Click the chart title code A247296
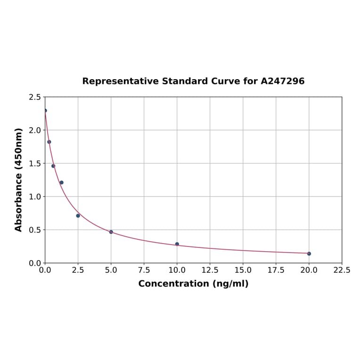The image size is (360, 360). coord(283,81)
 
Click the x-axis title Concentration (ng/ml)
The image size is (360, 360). coord(193,284)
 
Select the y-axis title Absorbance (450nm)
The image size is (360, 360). coord(19,180)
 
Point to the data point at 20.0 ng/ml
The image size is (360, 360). coord(309,254)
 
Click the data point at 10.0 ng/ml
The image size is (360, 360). coord(177,244)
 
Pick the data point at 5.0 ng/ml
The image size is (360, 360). coord(111,232)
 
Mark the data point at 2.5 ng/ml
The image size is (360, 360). coord(78,216)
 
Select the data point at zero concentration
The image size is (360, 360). coord(45,111)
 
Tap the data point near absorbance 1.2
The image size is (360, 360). coord(61,182)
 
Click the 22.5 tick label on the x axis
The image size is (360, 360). coord(342,270)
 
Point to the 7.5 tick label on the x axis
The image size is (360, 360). coord(144,270)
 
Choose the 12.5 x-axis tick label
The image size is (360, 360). coord(210,270)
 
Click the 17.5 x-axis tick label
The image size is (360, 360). coord(276,270)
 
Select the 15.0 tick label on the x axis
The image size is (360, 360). coord(243,270)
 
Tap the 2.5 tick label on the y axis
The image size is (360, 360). coord(34,97)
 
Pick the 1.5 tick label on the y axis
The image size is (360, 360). coord(34,164)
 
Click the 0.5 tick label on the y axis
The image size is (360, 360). coord(34,230)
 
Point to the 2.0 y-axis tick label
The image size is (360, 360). coord(34,130)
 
